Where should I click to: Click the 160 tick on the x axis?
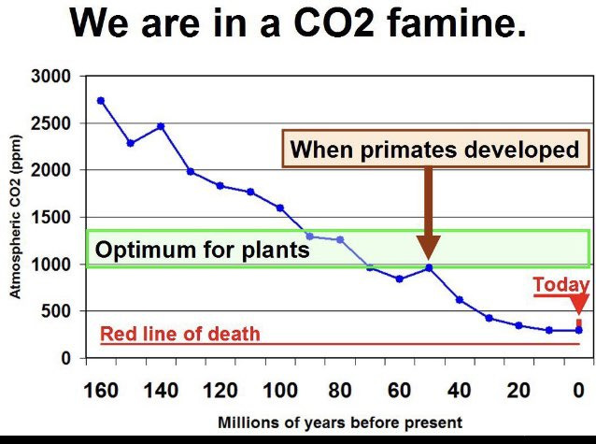(x=101, y=390)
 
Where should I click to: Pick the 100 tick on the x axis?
(x=279, y=390)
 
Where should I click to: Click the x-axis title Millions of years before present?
(x=339, y=422)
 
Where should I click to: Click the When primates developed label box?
(x=435, y=150)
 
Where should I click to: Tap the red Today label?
(x=561, y=285)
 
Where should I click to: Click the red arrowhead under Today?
(x=579, y=306)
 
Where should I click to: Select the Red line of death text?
(x=179, y=334)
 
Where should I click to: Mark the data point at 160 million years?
(x=101, y=101)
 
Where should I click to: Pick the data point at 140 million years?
(x=161, y=126)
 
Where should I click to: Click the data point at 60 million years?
(x=399, y=279)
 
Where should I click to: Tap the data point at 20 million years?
(x=518, y=325)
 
